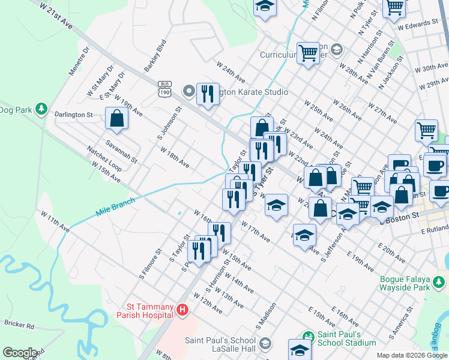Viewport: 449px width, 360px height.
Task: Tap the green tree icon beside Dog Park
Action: coord(41,109)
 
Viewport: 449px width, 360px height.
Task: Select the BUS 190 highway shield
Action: coord(164,88)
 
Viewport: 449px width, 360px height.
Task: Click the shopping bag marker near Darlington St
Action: coord(116,119)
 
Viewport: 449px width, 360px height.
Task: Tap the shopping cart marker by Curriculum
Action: coord(308,52)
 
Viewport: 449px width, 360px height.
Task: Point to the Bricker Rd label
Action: coord(19,325)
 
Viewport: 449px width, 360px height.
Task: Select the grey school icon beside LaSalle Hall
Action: coord(265,343)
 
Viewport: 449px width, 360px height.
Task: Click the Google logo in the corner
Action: coord(20,353)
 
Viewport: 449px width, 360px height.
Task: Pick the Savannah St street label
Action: coord(121,151)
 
